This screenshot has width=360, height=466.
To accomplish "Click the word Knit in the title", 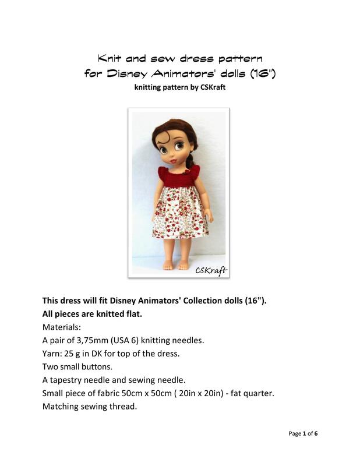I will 110,59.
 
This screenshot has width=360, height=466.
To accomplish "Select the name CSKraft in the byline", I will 209,89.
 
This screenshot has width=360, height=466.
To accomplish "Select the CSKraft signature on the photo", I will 210,270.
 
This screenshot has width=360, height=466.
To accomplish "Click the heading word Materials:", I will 62,327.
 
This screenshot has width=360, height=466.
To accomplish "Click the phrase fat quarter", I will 250,394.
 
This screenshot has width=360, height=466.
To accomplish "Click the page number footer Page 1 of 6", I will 303,433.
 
